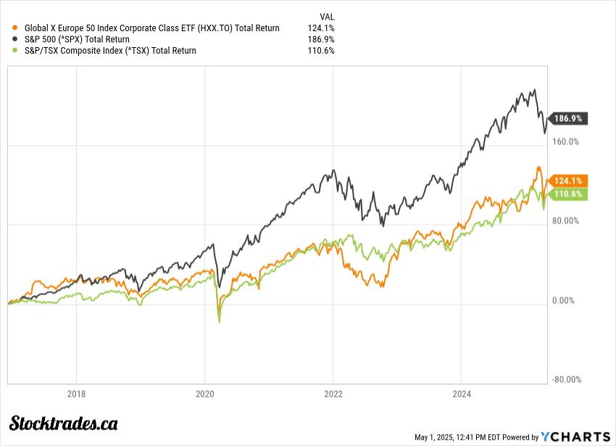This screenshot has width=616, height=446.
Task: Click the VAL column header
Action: click(x=326, y=16)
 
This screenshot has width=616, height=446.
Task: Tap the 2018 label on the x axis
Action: click(x=76, y=395)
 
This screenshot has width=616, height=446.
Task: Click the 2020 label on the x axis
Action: click(x=204, y=395)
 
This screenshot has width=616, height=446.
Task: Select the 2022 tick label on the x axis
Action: click(x=333, y=395)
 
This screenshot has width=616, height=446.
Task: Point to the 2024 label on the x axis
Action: click(x=462, y=395)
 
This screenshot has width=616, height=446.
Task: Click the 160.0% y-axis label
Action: click(x=565, y=141)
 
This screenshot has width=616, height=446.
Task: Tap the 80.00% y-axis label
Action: click(x=565, y=220)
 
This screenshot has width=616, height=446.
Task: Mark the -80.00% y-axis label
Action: click(x=565, y=379)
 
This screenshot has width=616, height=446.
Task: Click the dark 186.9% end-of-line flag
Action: click(x=568, y=118)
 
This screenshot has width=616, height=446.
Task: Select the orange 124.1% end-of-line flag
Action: click(x=568, y=180)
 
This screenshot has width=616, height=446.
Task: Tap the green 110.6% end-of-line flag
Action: click(x=568, y=194)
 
